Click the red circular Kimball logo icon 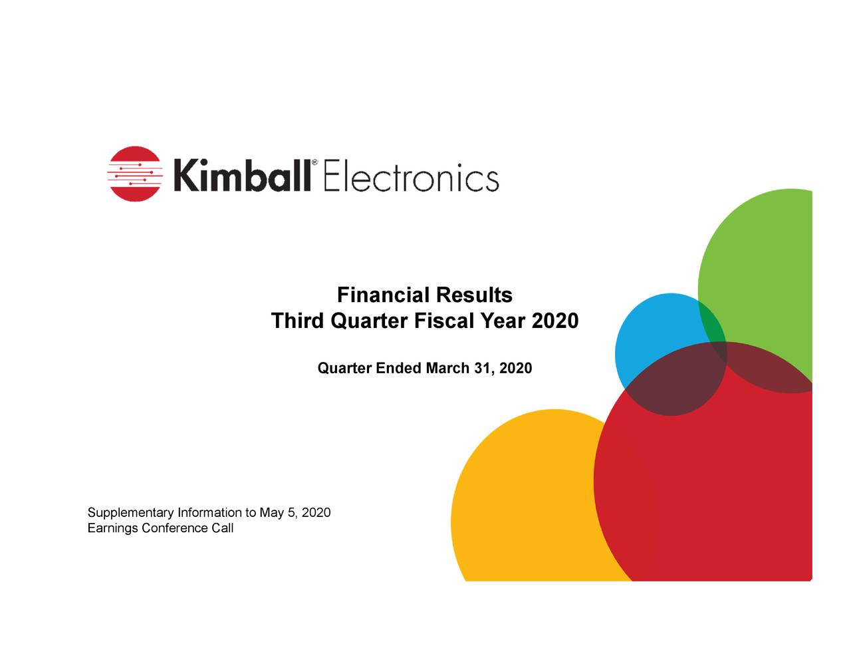134,174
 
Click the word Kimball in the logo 241,176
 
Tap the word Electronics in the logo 411,177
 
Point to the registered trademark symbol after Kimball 314,163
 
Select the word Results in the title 474,295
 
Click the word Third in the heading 297,321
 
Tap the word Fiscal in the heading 443,321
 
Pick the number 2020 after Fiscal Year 555,321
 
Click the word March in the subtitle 447,368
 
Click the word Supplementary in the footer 131,513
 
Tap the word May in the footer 271,513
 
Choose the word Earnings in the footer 113,528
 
